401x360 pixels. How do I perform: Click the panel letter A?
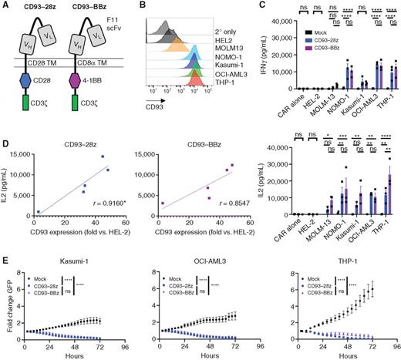tap(5, 5)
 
